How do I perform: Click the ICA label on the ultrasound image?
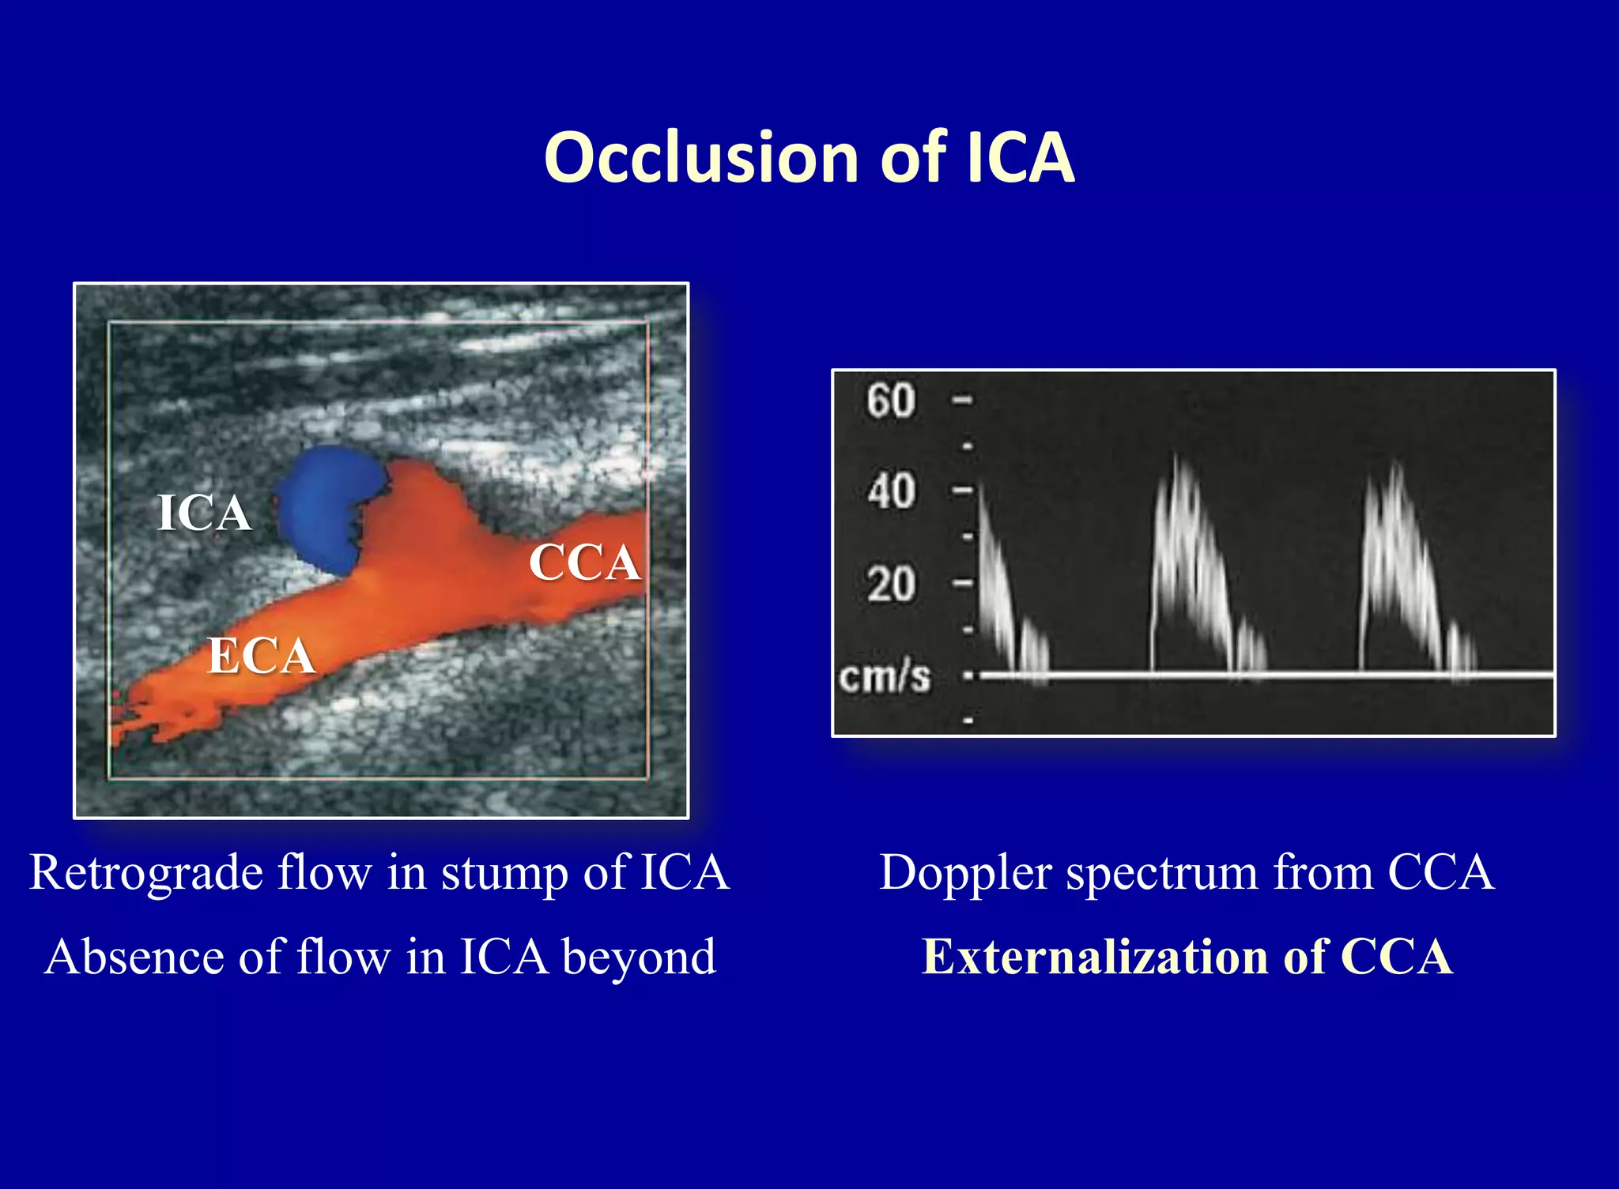tap(204, 513)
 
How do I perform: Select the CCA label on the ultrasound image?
tap(584, 563)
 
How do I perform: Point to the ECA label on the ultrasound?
tap(261, 656)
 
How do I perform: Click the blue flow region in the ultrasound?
tap(328, 506)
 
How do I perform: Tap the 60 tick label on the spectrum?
tap(891, 401)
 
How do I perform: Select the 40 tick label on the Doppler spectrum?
tap(891, 491)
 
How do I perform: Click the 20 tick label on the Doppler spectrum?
tap(891, 585)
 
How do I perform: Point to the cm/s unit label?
tap(885, 677)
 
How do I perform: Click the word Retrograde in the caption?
tap(146, 873)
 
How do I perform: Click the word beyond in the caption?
tap(639, 958)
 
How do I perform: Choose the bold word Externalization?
tap(1096, 957)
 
